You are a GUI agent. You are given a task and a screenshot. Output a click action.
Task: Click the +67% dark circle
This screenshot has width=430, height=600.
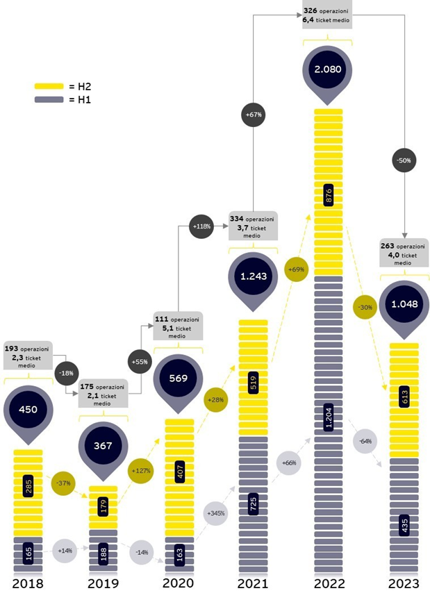[x=252, y=113]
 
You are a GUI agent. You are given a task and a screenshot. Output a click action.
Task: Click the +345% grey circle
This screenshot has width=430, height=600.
[x=215, y=514]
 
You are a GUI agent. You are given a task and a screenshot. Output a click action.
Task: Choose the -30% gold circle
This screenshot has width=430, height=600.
[x=366, y=307]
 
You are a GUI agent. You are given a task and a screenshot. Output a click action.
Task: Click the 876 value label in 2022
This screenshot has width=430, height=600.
[x=328, y=197]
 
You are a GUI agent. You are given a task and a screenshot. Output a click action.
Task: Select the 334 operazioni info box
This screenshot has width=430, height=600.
[x=253, y=227]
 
